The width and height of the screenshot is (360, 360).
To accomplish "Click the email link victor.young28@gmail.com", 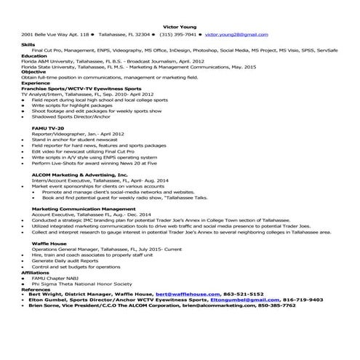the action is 232,34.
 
